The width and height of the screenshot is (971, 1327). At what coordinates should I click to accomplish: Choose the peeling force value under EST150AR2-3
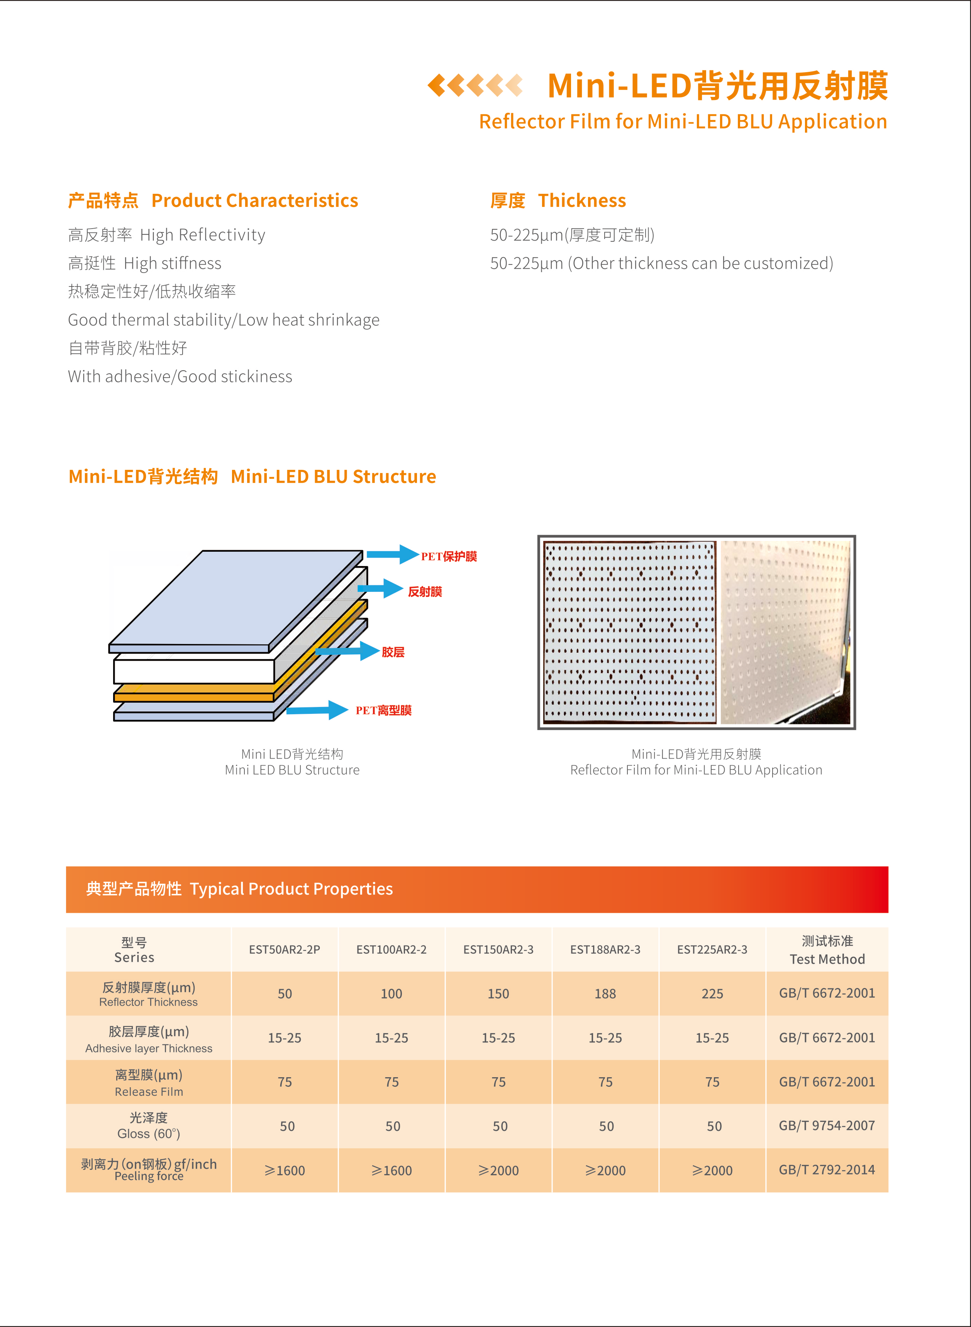coord(498,1170)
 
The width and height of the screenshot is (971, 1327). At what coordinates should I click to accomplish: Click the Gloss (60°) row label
coord(149,1126)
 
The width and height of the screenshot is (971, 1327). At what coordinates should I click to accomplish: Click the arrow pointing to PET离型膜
coord(317,710)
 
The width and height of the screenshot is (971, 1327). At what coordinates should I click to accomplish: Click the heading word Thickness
coord(581,200)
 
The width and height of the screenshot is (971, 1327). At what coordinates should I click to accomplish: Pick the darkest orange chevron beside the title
coord(436,85)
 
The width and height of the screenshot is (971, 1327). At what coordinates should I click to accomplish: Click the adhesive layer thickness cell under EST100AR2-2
coord(391,1038)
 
